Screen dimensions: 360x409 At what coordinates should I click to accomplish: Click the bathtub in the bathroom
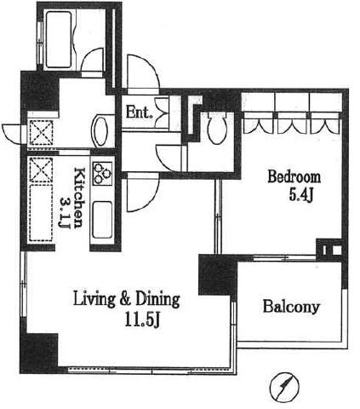pos(58,39)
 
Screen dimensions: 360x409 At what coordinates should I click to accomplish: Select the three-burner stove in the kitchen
pos(102,173)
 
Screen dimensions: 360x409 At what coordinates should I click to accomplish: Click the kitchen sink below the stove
pos(102,220)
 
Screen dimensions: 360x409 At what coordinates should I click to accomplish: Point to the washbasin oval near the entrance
pos(99,130)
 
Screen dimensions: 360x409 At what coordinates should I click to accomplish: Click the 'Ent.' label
pos(138,112)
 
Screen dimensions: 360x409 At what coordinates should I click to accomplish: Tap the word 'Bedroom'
pos(294,177)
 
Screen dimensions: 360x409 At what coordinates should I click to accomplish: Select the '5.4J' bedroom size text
pos(300,195)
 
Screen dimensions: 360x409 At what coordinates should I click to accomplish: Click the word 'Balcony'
pos(291,307)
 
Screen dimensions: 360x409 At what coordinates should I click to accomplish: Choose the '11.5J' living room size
pos(142,321)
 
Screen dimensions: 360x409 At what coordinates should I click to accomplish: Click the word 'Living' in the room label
pos(94,300)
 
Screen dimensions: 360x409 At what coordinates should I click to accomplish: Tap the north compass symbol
pos(284,386)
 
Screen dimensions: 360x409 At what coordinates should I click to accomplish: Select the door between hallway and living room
pos(143,192)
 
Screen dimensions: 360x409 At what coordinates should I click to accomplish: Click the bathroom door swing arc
pos(91,60)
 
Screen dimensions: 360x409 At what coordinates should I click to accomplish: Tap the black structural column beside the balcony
pos(218,275)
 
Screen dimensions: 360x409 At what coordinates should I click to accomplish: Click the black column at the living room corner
pos(39,353)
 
